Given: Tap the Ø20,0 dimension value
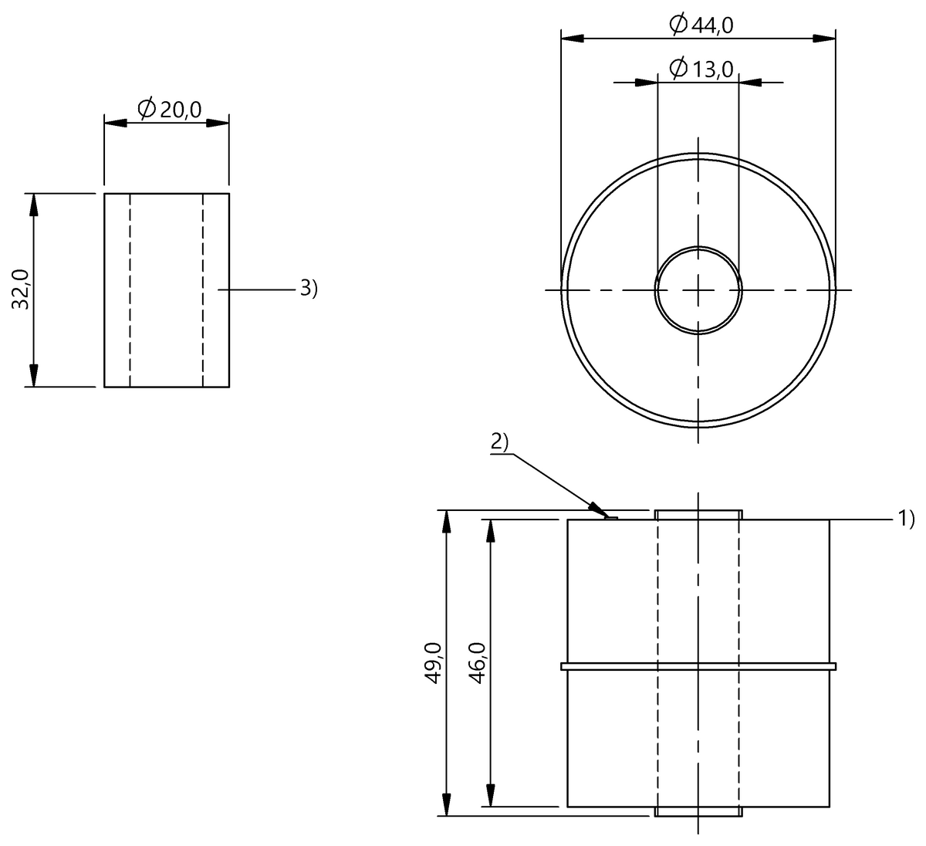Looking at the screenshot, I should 169,110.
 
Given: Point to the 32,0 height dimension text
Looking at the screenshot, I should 22,289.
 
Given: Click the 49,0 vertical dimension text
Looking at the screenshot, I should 433,662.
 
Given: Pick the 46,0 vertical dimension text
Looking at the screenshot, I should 477,662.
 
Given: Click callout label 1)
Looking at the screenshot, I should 905,519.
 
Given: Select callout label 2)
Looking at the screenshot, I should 499,442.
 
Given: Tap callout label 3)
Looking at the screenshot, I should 309,289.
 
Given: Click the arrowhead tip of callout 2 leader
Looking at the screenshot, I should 607,516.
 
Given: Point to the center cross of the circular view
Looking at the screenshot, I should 698,289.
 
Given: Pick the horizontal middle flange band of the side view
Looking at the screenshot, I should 698,665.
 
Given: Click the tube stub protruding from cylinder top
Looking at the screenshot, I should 698,515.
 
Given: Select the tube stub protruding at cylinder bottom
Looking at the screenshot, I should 698,811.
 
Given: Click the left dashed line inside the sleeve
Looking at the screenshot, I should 130,289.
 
